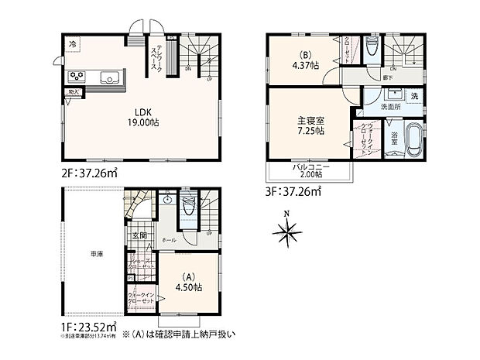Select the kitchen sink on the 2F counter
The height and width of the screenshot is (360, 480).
point(109,76)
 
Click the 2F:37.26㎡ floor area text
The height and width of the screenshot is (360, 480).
point(86,173)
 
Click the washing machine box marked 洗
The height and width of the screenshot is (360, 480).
point(413,96)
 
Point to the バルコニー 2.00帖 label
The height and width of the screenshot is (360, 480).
point(311,171)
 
